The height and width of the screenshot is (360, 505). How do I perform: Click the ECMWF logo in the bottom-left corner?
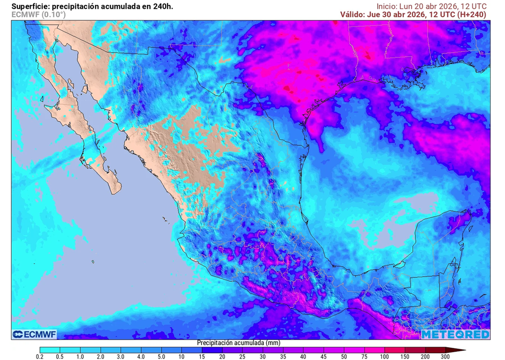click(35, 334)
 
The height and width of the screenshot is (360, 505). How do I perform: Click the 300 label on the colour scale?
click(445, 356)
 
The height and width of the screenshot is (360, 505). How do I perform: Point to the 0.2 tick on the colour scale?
click(40, 356)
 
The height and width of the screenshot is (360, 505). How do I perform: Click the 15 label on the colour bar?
click(202, 356)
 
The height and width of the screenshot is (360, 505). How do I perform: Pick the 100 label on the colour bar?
click(384, 356)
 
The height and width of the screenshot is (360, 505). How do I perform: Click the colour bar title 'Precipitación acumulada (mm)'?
click(239, 342)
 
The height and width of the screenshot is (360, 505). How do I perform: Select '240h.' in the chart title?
click(163, 6)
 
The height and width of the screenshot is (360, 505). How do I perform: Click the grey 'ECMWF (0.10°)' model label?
click(38, 15)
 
